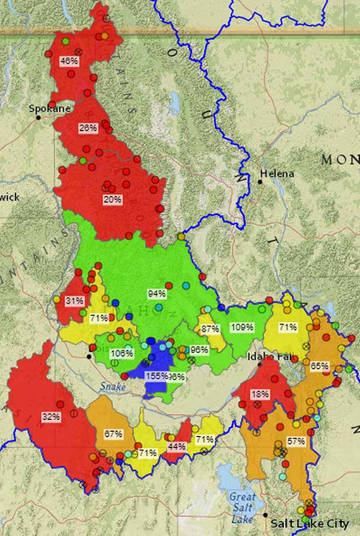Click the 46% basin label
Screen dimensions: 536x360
click(69, 60)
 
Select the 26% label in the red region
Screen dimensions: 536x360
click(87, 128)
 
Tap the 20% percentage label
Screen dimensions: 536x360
click(112, 200)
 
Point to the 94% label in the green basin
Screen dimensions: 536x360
click(156, 293)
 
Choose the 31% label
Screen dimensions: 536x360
click(74, 301)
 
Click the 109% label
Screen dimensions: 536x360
click(242, 327)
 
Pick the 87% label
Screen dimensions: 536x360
click(209, 329)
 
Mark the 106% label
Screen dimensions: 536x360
click(121, 353)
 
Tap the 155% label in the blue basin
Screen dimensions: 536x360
click(156, 376)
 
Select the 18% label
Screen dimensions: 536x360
click(259, 394)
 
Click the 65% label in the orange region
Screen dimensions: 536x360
click(320, 365)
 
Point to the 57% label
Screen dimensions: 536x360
click(296, 441)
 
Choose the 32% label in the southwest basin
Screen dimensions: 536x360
click(51, 416)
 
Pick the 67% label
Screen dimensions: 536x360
click(113, 434)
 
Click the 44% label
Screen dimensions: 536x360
click(177, 445)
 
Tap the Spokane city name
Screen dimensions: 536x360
click(50, 108)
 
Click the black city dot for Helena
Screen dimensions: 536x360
click(260, 181)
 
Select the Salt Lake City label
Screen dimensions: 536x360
click(309, 523)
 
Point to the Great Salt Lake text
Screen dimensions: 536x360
click(242, 501)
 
